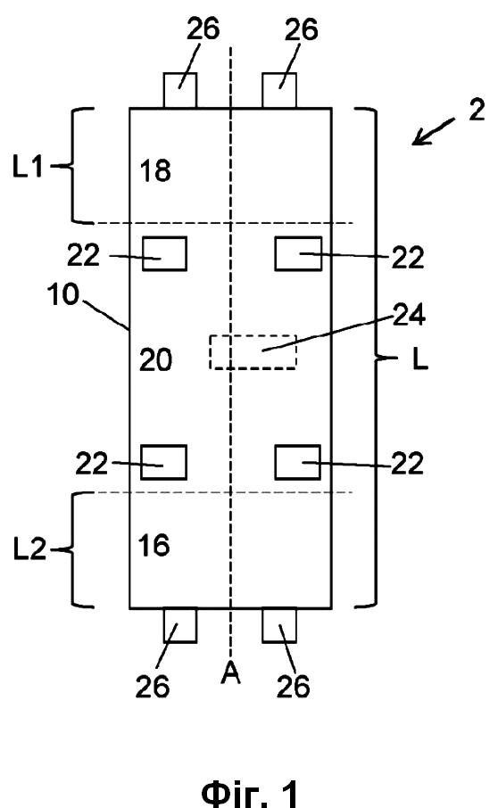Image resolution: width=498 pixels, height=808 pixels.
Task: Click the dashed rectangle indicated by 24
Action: click(x=210, y=352)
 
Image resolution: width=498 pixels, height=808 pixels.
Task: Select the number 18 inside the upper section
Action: click(x=155, y=171)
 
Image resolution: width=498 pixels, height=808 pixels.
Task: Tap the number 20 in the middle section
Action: click(x=155, y=359)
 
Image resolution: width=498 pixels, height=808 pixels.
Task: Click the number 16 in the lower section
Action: click(x=154, y=545)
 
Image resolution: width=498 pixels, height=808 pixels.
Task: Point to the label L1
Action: click(x=28, y=167)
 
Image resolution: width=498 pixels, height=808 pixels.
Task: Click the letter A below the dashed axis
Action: click(x=230, y=672)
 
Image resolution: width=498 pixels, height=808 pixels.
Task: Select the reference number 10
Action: click(x=62, y=295)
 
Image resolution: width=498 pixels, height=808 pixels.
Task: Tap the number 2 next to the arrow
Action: click(x=477, y=110)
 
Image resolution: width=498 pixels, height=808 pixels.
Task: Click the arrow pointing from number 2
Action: click(x=433, y=132)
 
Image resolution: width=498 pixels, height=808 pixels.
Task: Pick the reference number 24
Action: click(x=409, y=314)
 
